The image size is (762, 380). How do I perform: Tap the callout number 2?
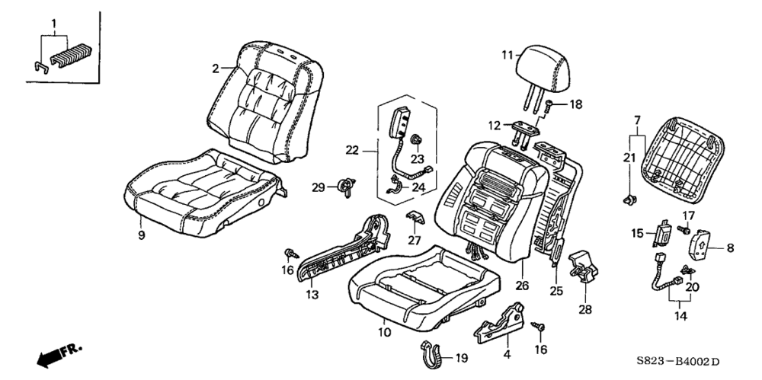(216, 69)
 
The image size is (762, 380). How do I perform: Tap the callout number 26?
(522, 286)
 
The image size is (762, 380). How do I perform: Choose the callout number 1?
(53, 24)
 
